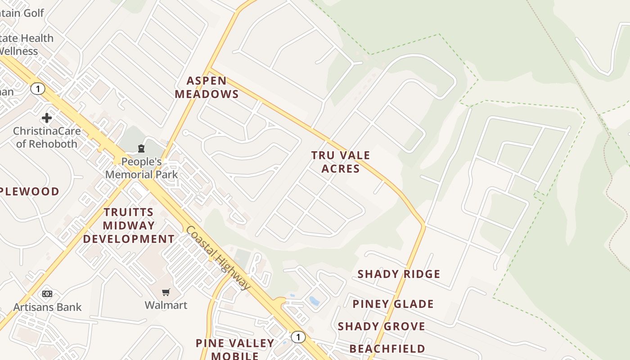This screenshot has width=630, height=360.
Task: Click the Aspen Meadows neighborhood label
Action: (207, 87)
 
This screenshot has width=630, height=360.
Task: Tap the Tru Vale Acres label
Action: (341, 162)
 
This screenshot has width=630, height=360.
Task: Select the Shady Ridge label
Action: (399, 274)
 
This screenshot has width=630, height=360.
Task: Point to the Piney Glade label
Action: (393, 304)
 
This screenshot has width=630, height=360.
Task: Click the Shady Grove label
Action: (381, 327)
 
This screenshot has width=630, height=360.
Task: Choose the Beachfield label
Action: (387, 349)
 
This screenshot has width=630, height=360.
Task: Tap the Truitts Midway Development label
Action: (129, 225)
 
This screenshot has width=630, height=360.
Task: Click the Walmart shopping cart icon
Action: (166, 292)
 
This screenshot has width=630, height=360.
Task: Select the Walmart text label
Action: (166, 305)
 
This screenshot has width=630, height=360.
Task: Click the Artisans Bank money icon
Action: (47, 294)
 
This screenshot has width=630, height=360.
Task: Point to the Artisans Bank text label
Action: (47, 307)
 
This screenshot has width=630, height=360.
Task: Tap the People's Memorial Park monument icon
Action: (141, 148)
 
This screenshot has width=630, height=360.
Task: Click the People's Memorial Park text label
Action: (141, 168)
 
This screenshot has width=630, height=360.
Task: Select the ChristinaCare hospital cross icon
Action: (47, 118)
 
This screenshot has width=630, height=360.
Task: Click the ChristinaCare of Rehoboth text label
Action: (47, 138)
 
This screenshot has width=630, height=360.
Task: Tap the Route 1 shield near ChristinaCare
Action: (38, 89)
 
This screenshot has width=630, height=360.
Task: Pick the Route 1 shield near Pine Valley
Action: (297, 337)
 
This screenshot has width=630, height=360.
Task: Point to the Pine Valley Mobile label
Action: (235, 349)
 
